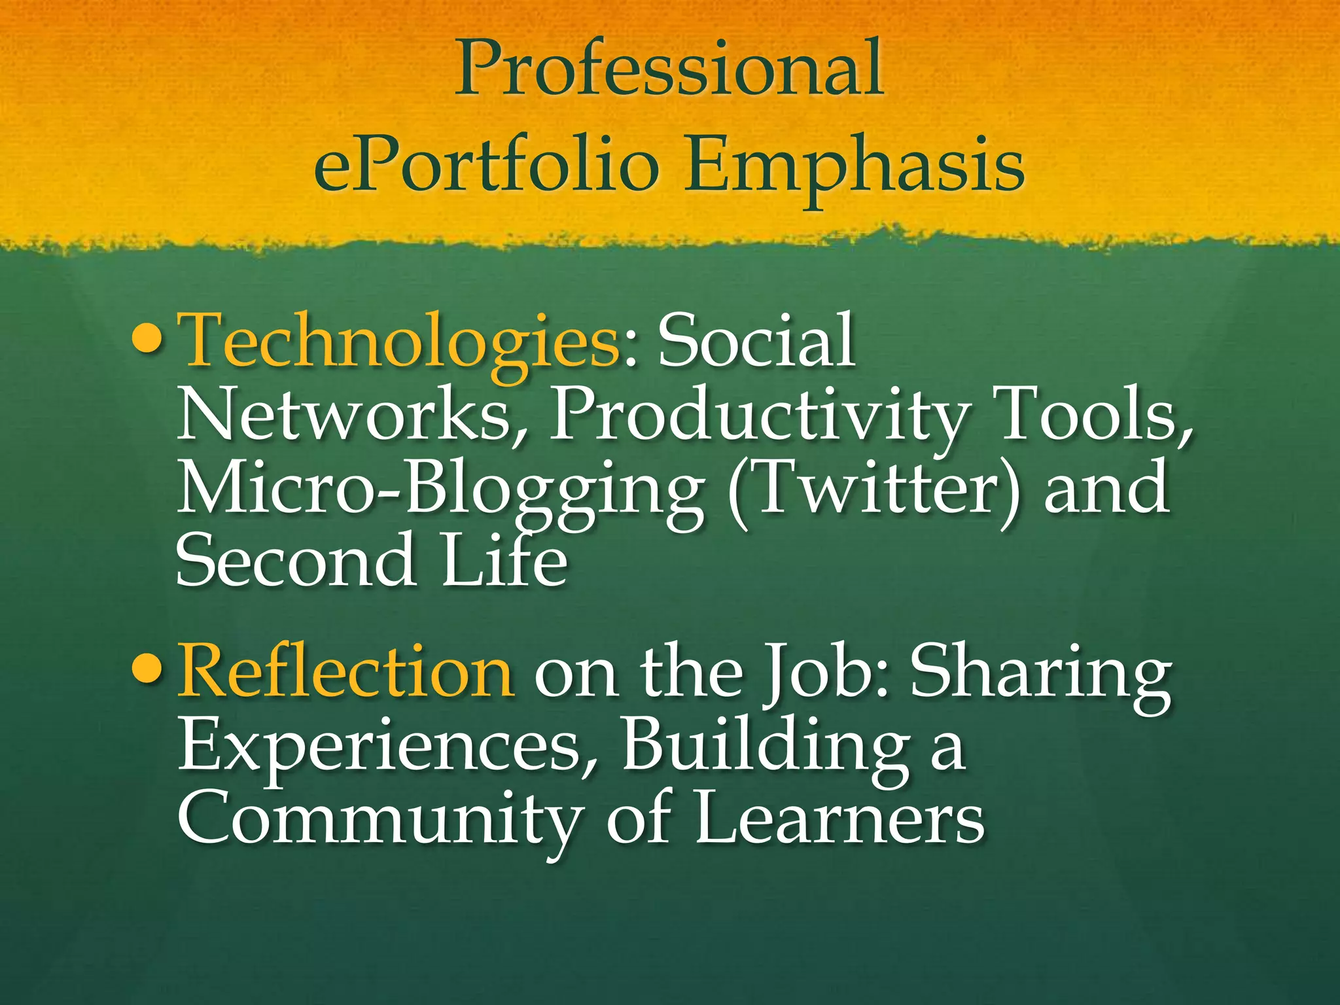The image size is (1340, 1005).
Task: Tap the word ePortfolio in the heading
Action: tap(485, 164)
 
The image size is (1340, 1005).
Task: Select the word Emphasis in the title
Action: tap(854, 164)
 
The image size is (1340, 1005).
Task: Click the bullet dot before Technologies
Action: tap(145, 341)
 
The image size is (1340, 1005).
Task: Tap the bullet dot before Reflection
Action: tap(145, 670)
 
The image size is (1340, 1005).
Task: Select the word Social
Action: tap(756, 341)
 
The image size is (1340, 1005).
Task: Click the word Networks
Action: tap(344, 415)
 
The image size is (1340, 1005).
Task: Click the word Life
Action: tap(504, 560)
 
